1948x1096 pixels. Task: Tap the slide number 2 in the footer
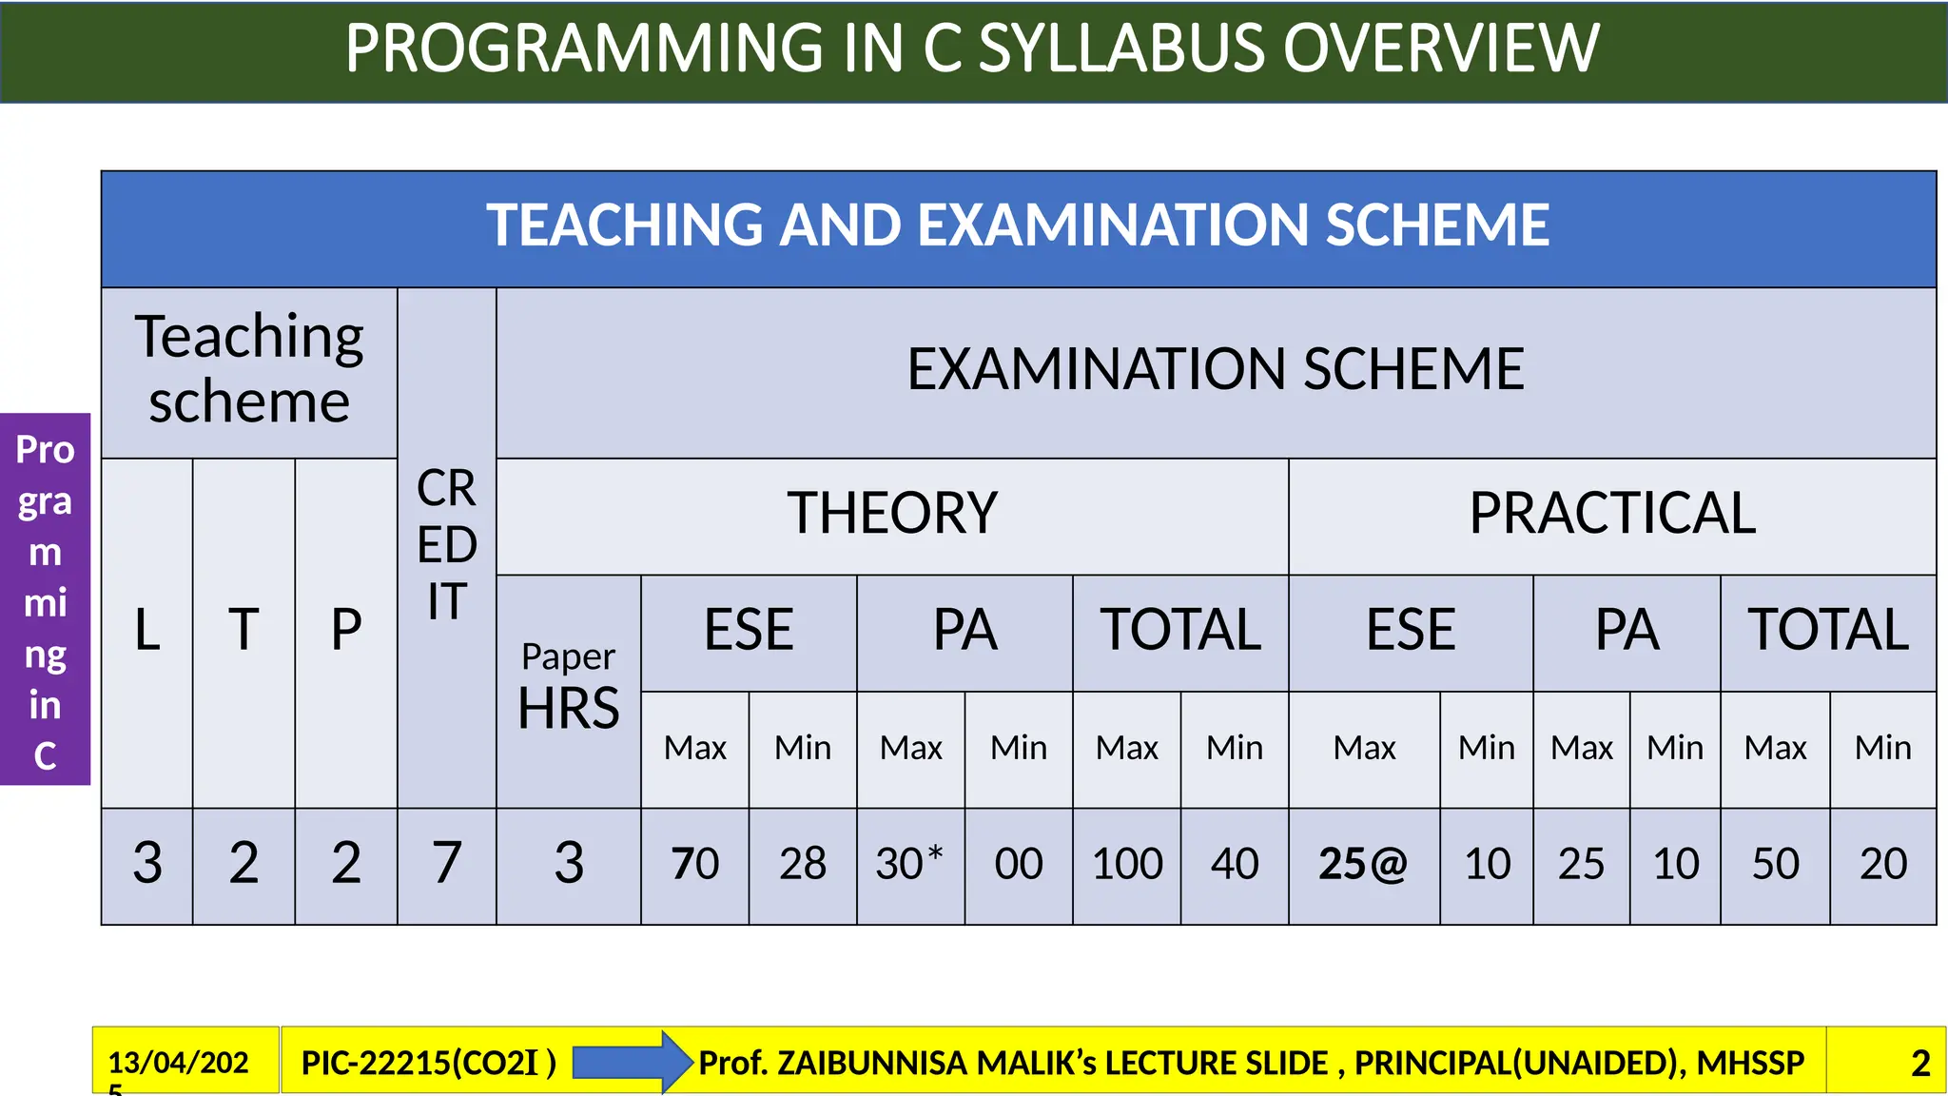[1920, 1063]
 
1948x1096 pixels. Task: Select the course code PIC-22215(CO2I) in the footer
[428, 1063]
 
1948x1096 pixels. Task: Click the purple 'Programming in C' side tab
[45, 599]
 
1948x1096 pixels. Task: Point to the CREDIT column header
[447, 545]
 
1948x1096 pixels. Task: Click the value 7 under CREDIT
[447, 864]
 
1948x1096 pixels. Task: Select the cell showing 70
[695, 864]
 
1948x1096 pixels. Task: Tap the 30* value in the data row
[909, 864]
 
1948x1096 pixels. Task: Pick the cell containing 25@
[1363, 864]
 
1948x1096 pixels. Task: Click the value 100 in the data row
[1127, 864]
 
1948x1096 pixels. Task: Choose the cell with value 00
[1019, 864]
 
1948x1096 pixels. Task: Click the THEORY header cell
[892, 514]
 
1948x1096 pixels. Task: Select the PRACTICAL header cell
[1612, 514]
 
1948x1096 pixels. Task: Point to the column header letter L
[147, 630]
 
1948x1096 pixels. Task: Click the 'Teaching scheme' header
[249, 369]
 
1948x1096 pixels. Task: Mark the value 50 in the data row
[1775, 864]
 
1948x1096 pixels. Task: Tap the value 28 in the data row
[803, 864]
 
